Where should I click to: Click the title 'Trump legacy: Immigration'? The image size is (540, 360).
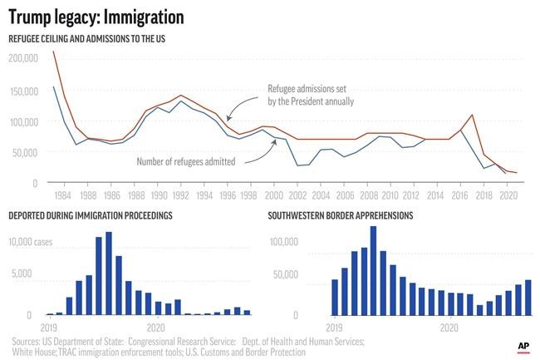click(96, 17)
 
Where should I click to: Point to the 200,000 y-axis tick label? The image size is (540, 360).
click(24, 58)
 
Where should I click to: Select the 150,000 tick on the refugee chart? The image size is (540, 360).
click(24, 90)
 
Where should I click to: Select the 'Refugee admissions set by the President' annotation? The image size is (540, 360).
click(311, 95)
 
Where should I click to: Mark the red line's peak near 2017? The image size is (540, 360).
click(472, 115)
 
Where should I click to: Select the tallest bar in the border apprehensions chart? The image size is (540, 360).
click(372, 271)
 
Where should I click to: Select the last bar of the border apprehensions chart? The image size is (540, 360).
click(528, 298)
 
